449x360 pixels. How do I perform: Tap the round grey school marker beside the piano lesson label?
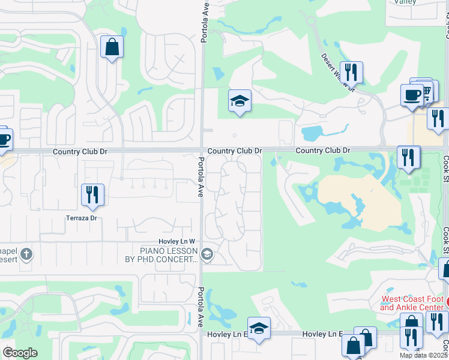207,255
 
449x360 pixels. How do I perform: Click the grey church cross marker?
26,254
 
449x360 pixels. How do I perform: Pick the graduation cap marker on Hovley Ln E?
259,328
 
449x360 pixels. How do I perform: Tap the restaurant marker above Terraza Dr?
92,194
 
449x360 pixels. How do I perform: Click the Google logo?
20,353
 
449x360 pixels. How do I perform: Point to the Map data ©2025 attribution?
424,355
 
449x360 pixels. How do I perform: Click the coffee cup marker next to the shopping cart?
412,95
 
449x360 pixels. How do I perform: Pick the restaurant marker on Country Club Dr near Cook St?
408,157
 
